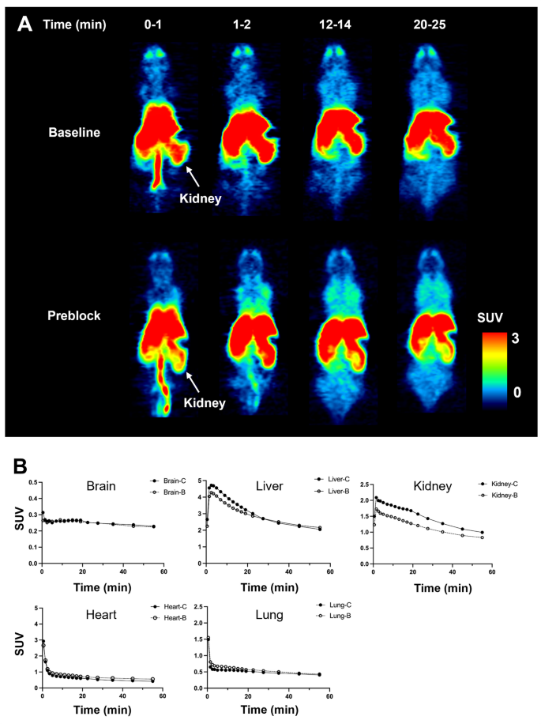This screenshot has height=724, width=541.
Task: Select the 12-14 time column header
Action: [338, 25]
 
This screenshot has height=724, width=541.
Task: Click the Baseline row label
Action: [74, 132]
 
